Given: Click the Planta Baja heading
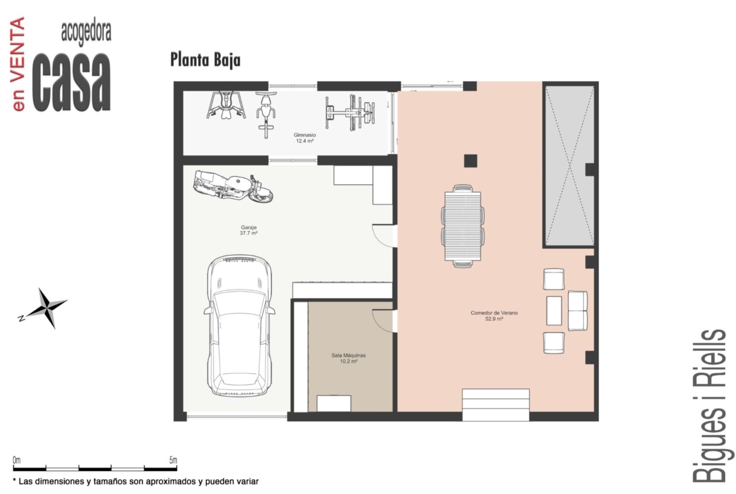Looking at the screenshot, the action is coord(205,60).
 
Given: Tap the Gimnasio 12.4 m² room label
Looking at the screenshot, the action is coord(304,138).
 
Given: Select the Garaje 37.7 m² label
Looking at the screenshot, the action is coord(248,230).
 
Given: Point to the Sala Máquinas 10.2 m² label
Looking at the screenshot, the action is coord(348,358).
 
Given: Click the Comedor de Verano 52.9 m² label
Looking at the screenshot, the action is coord(494,315).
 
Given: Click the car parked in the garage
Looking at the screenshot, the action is coord(240,325).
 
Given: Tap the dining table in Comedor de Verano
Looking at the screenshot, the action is coord(463,226).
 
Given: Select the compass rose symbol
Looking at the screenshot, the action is coord(46,308).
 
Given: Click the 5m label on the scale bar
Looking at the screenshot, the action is coord(173,460).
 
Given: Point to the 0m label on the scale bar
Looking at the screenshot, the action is coord(17,460).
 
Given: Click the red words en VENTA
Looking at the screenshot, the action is coord(18,64).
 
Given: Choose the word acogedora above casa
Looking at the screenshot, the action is coord(86,33).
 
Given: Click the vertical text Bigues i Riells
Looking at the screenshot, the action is coord(709,405).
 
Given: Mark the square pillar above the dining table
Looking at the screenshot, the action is coord(471,160).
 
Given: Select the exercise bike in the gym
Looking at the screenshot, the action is coord(266,115).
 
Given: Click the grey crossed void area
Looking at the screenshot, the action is coord(569,165).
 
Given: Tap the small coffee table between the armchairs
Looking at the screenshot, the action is coord(554,310).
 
